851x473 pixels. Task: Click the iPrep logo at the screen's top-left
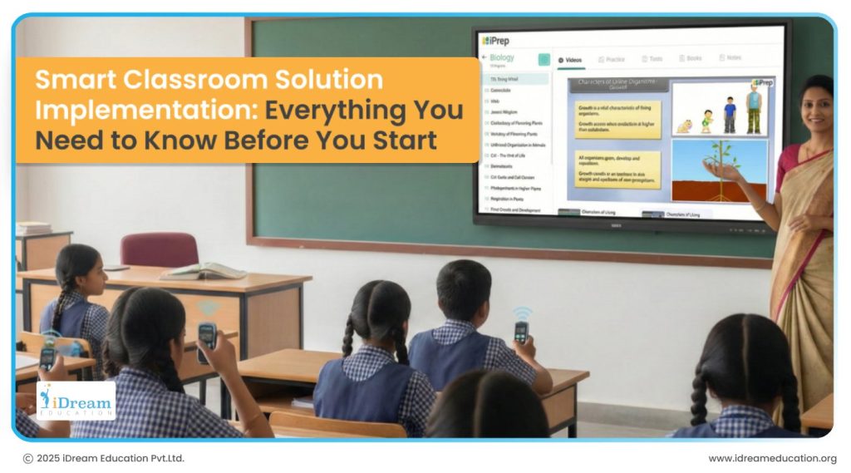coord(495,40)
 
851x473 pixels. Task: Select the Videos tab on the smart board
coord(570,60)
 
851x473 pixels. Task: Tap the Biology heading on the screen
coord(502,57)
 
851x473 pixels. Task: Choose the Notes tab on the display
coord(729,58)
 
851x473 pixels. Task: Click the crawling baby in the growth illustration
coord(685,127)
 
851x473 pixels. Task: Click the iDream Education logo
coord(76,400)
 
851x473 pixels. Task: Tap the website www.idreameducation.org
coord(772,458)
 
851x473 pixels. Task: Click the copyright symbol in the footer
coord(28,458)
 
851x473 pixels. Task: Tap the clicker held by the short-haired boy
coord(521,331)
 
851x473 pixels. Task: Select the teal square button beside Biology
coord(544,59)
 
